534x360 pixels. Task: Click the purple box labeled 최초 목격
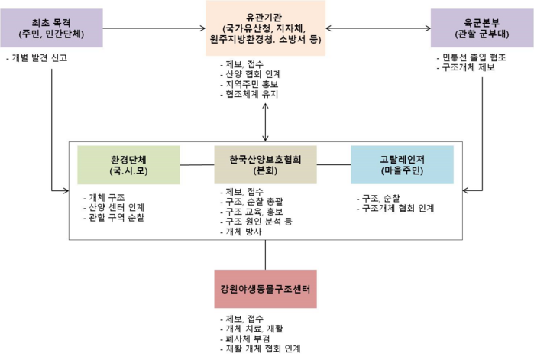51,28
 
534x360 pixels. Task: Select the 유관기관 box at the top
265,28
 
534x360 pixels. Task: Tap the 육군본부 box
482,28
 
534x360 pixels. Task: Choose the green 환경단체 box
128,165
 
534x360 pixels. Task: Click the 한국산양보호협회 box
265,165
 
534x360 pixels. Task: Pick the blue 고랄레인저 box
402,165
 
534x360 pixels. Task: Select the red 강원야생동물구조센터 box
265,289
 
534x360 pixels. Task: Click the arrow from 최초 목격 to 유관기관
154,28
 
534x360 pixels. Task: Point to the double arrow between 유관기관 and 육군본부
378,28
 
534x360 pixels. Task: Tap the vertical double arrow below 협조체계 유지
265,122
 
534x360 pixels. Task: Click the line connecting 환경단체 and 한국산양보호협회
197,165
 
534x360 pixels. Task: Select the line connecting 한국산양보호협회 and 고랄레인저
334,165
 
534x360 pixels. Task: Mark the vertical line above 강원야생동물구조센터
265,255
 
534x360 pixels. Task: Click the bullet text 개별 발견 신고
37,58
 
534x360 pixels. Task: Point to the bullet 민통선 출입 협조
471,57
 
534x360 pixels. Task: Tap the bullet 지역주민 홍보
249,84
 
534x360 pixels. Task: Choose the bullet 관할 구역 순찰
114,217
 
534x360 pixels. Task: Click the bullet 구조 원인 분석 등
256,222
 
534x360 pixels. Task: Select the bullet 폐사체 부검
245,339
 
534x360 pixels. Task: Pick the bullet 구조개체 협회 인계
396,208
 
